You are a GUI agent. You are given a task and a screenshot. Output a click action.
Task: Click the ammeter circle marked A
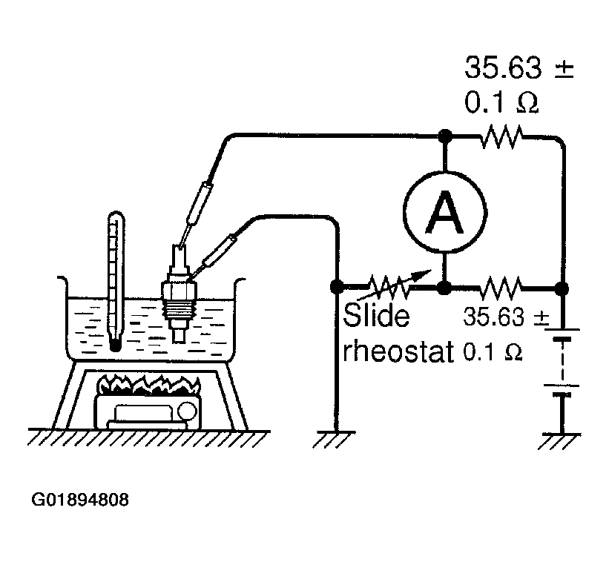[x=445, y=212]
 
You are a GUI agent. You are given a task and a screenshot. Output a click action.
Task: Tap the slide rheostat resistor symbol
[x=389, y=287]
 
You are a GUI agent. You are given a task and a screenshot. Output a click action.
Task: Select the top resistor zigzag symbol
[x=501, y=136]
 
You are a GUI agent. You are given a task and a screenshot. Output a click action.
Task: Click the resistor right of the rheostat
[x=501, y=288]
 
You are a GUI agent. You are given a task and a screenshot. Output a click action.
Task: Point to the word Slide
[x=376, y=315]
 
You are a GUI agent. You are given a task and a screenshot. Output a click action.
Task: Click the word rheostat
[x=398, y=351]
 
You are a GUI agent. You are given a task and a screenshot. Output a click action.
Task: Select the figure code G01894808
[x=79, y=500]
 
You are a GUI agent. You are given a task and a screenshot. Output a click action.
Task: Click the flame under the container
[x=150, y=385]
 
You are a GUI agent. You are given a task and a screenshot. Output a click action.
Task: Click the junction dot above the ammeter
[x=445, y=136]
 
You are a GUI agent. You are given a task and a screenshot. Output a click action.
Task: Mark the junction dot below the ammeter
[x=444, y=288]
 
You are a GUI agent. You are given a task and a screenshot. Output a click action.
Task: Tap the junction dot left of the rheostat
[x=336, y=287]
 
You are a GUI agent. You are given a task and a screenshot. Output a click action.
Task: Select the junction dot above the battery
[x=562, y=288]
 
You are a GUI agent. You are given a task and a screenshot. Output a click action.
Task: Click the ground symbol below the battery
[x=560, y=440]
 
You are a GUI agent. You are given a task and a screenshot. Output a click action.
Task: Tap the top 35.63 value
[x=503, y=67]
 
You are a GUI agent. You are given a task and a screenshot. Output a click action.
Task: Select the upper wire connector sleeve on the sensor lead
[x=199, y=203]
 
